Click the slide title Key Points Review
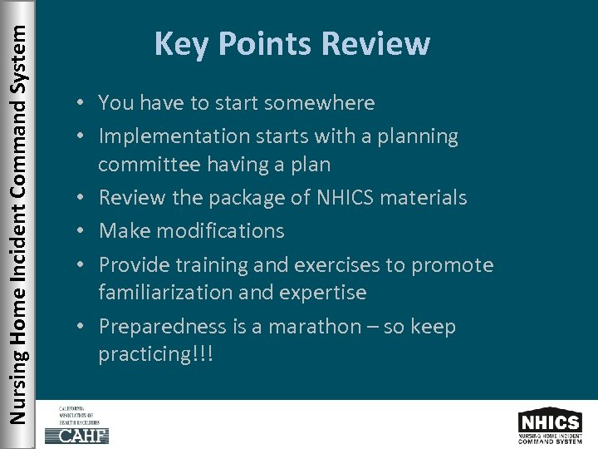pos(292,43)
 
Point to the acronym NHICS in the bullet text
pos(342,198)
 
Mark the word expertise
pos(325,293)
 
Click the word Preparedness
pos(163,327)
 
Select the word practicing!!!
pos(155,355)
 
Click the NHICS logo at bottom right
pos(549,425)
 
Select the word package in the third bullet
pos(245,198)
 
